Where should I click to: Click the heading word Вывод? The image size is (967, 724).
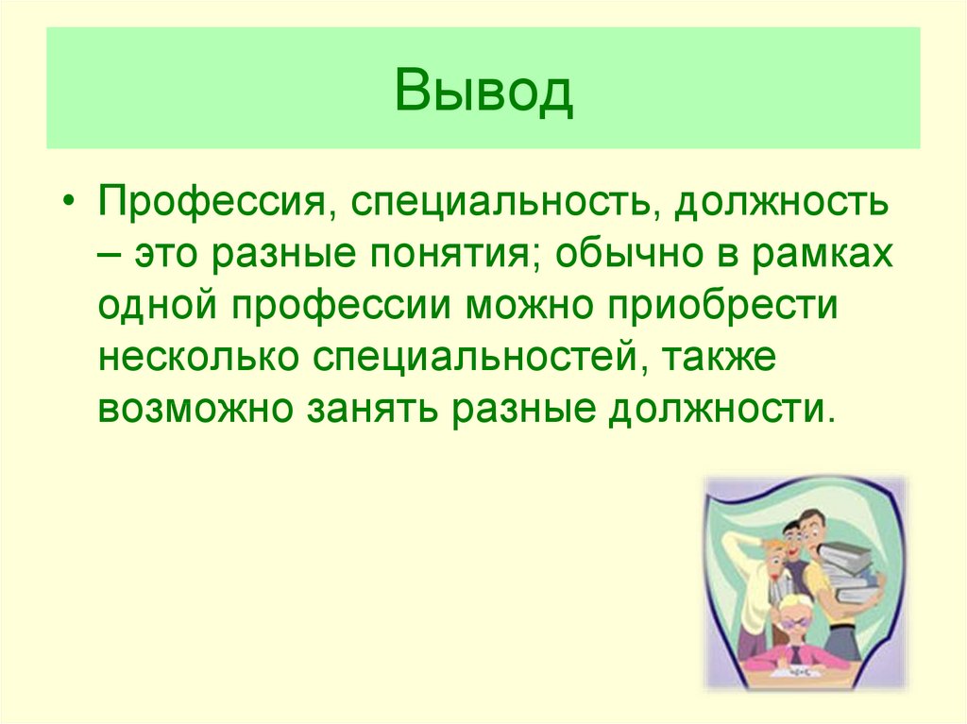(483, 91)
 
